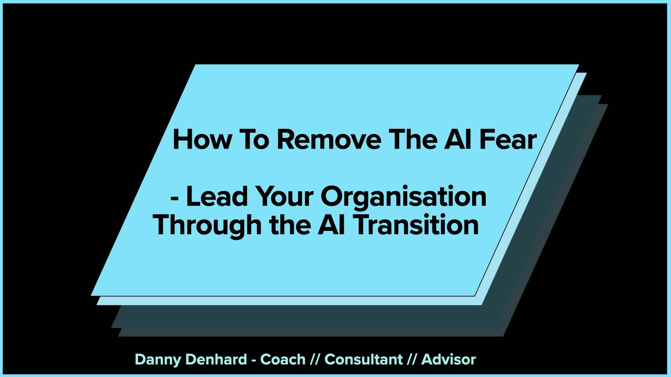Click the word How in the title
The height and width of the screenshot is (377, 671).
tap(202, 140)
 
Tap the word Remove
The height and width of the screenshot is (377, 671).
tap(329, 140)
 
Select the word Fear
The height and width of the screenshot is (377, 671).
tap(508, 140)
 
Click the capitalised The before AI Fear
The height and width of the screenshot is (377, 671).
tap(413, 140)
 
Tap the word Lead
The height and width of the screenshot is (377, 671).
tap(217, 197)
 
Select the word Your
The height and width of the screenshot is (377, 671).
tap(284, 197)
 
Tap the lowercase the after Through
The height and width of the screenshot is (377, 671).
tap(290, 225)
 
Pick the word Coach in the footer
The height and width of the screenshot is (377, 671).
tap(283, 359)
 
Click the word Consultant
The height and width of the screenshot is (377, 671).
tap(363, 359)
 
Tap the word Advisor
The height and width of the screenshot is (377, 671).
tap(448, 359)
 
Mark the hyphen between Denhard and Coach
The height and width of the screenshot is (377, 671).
tap(254, 360)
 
